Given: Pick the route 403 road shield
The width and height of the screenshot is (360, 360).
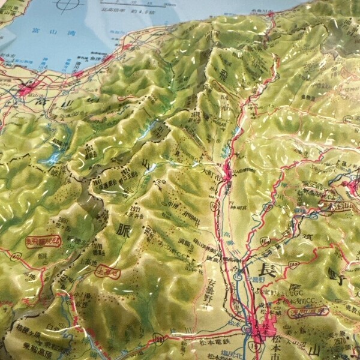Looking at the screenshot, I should (x=265, y=241).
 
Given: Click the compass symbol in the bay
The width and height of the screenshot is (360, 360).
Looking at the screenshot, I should (x=66, y=5).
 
